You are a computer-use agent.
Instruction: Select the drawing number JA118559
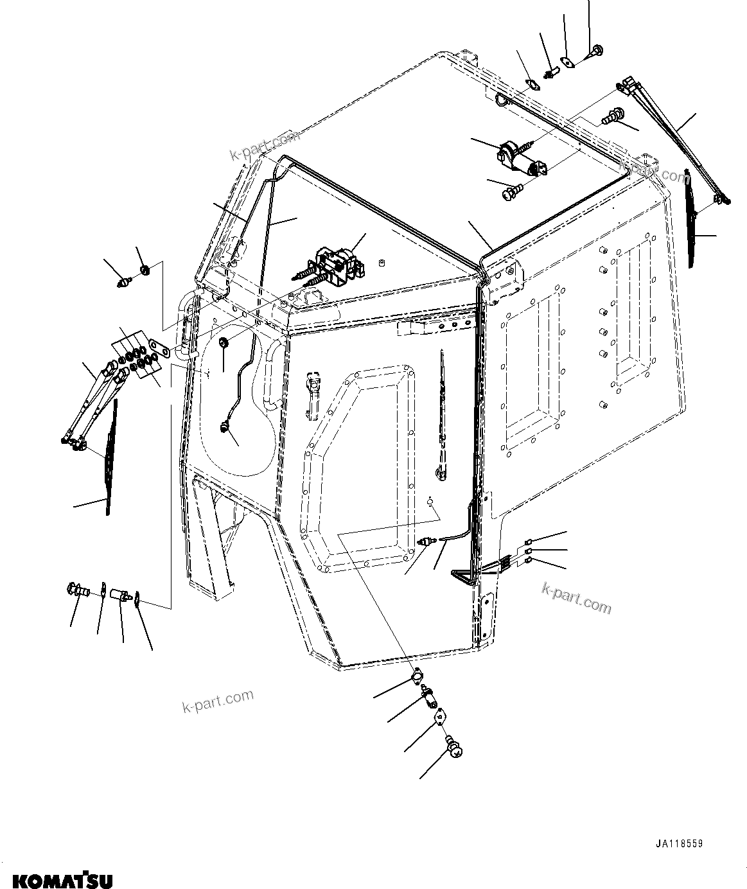679,844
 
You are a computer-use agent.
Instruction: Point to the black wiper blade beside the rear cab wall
693,218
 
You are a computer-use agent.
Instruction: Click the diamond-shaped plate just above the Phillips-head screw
439,716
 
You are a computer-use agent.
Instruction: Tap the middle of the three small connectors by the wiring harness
528,550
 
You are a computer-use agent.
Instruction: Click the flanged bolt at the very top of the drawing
595,51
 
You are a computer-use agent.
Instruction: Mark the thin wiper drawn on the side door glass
443,411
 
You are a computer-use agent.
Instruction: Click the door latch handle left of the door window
313,395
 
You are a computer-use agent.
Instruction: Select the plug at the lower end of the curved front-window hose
224,426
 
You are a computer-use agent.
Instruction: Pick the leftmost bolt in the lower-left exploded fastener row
76,588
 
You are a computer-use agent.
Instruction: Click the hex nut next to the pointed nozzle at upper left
145,270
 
